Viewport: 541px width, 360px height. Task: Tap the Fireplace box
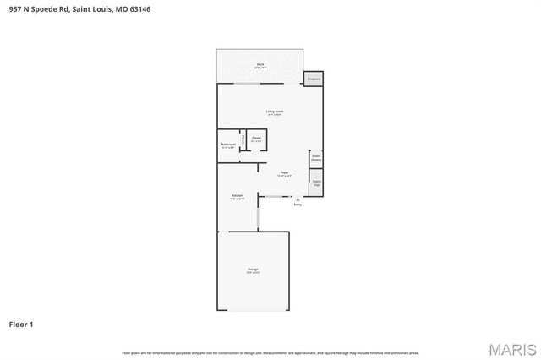[314, 78]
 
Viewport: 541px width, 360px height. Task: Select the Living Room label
[274, 112]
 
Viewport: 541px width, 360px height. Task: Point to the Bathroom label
[228, 145]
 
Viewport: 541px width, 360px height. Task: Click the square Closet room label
[256, 138]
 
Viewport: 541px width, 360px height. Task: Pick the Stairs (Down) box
[316, 157]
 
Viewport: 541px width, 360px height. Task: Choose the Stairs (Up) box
[316, 182]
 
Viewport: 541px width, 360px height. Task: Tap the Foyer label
[285, 174]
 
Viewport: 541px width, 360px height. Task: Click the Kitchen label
[238, 197]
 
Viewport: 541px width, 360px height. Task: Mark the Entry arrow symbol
[297, 199]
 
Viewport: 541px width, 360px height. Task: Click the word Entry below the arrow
[297, 205]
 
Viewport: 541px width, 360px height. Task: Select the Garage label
[253, 271]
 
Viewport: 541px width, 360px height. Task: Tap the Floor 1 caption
[21, 324]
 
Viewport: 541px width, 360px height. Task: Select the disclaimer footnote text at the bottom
[270, 352]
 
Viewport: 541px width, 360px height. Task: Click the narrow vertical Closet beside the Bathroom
[243, 139]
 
